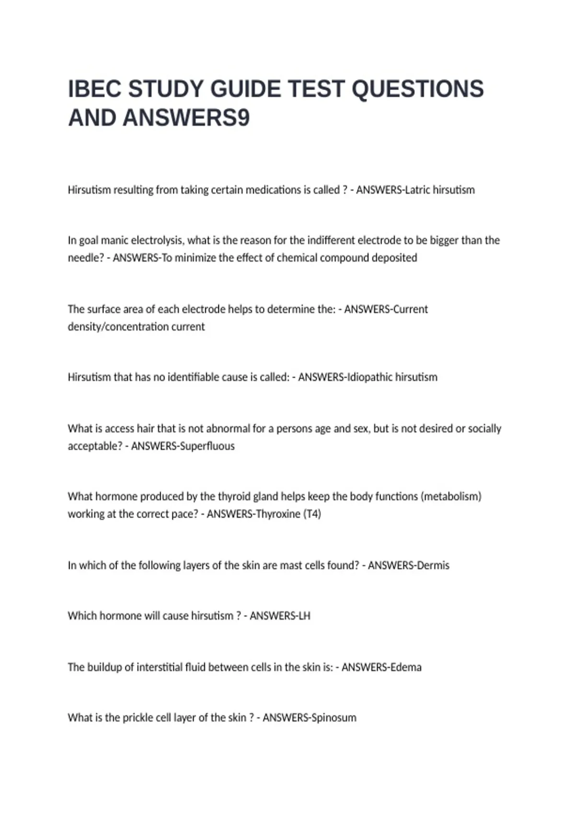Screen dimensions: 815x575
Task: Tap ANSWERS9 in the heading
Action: pos(186,118)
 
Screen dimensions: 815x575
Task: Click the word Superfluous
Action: pos(211,446)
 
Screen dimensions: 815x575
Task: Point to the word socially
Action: pos(484,429)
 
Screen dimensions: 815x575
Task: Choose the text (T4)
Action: pos(312,514)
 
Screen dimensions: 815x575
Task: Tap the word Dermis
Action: pos(433,566)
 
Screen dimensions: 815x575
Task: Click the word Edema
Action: pos(406,667)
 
